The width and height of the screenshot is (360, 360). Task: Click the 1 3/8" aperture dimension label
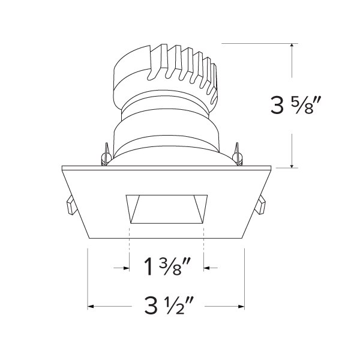pos(166,265)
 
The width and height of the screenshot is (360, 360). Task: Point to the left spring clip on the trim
pos(70,205)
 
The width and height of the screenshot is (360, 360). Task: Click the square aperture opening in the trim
pos(166,208)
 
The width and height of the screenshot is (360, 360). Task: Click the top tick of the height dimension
pos(292,43)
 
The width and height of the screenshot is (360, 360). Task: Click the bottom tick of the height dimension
pos(292,167)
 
